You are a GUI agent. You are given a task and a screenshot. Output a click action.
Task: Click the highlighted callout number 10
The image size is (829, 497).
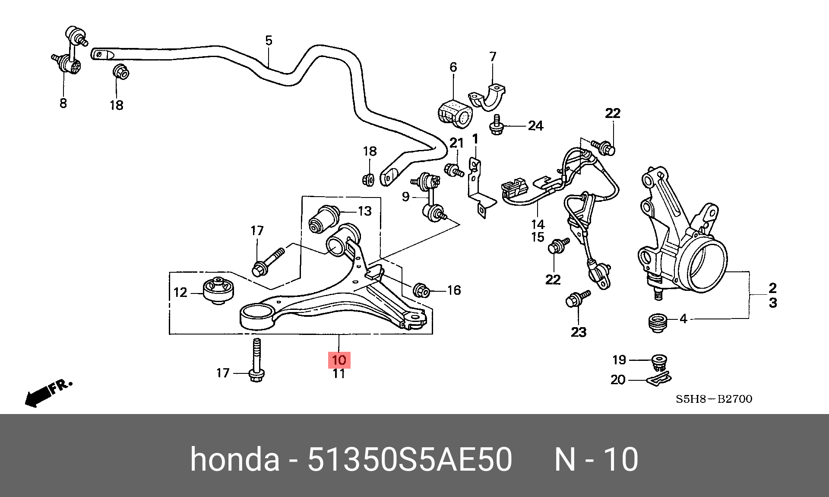pos(339,360)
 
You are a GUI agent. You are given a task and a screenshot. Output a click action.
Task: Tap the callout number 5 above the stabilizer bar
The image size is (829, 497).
pos(269,41)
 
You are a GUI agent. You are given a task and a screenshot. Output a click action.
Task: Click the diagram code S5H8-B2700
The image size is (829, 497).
pos(714,399)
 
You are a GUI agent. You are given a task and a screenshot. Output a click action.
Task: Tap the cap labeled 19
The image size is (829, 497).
pos(659,362)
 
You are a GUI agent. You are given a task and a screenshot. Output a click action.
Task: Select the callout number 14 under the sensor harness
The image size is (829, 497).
pos(538,224)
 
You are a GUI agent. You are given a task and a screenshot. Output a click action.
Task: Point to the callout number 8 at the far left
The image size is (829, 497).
pos(63,103)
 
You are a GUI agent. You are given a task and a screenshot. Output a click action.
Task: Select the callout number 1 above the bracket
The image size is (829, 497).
pos(475,139)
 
